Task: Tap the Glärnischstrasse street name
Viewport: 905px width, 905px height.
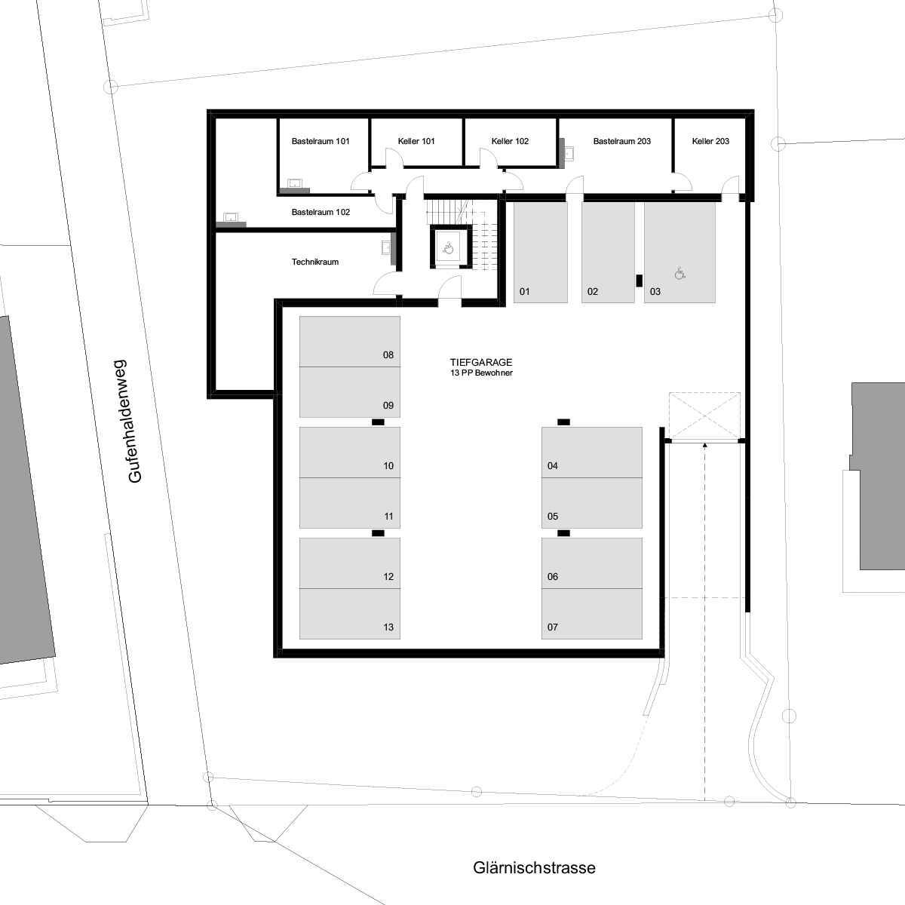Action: tap(534, 867)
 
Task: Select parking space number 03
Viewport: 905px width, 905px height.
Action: tap(680, 253)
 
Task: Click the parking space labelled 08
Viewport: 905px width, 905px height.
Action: tap(350, 342)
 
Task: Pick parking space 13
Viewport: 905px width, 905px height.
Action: tap(350, 614)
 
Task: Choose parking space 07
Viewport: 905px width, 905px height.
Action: tap(592, 614)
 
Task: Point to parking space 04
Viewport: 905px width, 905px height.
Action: tap(592, 452)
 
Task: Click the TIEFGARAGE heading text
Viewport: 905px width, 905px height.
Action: tap(481, 362)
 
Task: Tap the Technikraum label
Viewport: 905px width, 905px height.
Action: tap(315, 262)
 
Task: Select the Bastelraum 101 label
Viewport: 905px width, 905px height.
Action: tap(321, 141)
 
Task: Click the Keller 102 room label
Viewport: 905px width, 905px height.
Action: tap(510, 141)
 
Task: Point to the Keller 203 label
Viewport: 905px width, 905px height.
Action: tap(710, 141)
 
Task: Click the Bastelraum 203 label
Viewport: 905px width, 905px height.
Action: tap(621, 141)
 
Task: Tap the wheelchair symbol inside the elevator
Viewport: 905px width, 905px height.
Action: tap(449, 247)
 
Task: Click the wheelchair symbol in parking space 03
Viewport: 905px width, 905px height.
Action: tap(680, 273)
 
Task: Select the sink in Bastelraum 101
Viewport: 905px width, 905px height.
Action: tap(295, 183)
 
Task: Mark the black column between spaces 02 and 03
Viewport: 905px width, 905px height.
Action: tap(640, 281)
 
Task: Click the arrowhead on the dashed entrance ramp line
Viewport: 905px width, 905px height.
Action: tap(704, 445)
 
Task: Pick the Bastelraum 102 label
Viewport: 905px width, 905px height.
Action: tap(321, 212)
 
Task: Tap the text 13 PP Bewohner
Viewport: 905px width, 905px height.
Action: tap(481, 373)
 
